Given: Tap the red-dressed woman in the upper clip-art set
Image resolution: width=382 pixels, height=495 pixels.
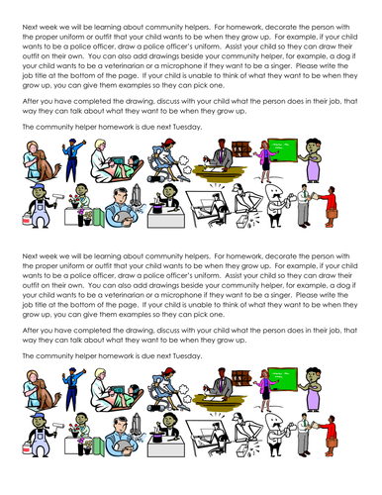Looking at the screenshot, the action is click(329, 207).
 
